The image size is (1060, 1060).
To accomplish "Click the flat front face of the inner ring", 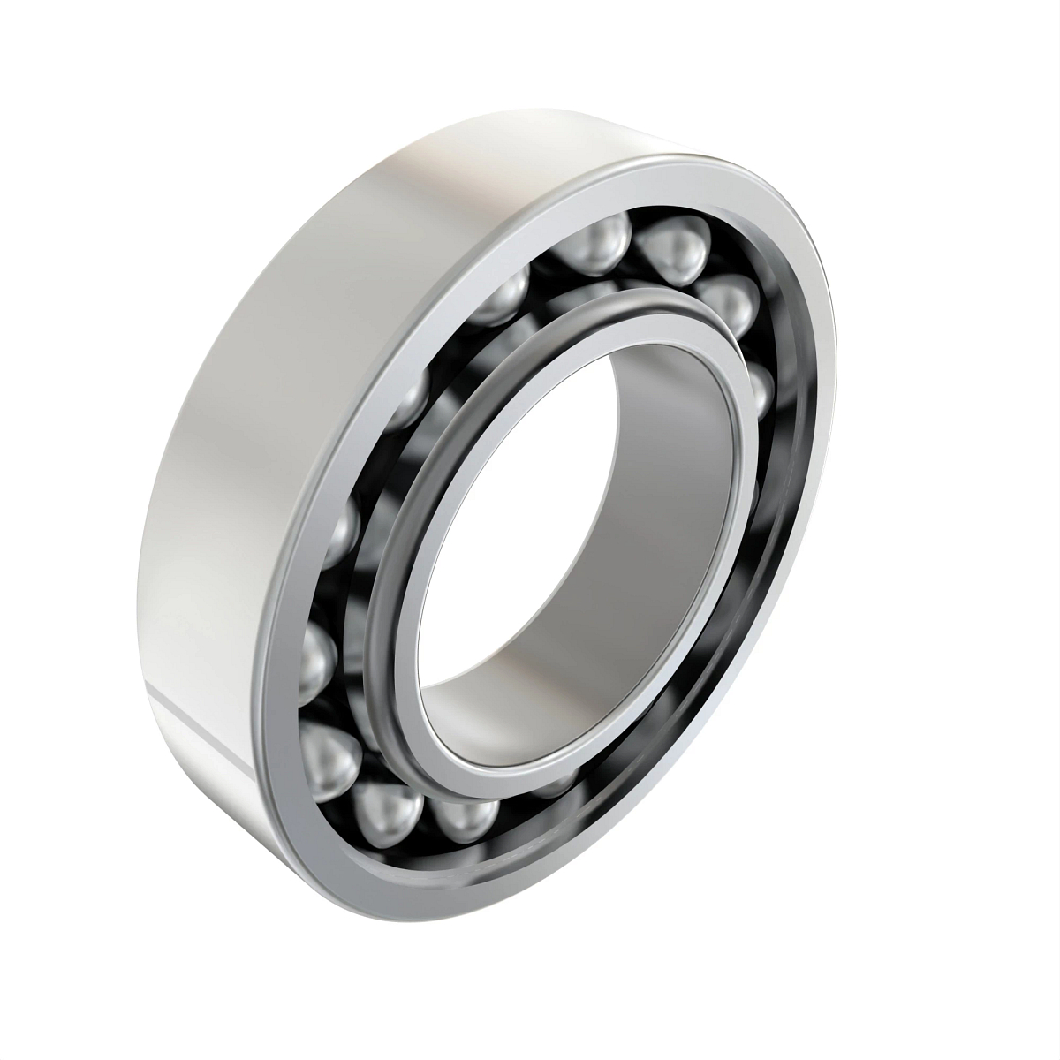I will tap(415, 565).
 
